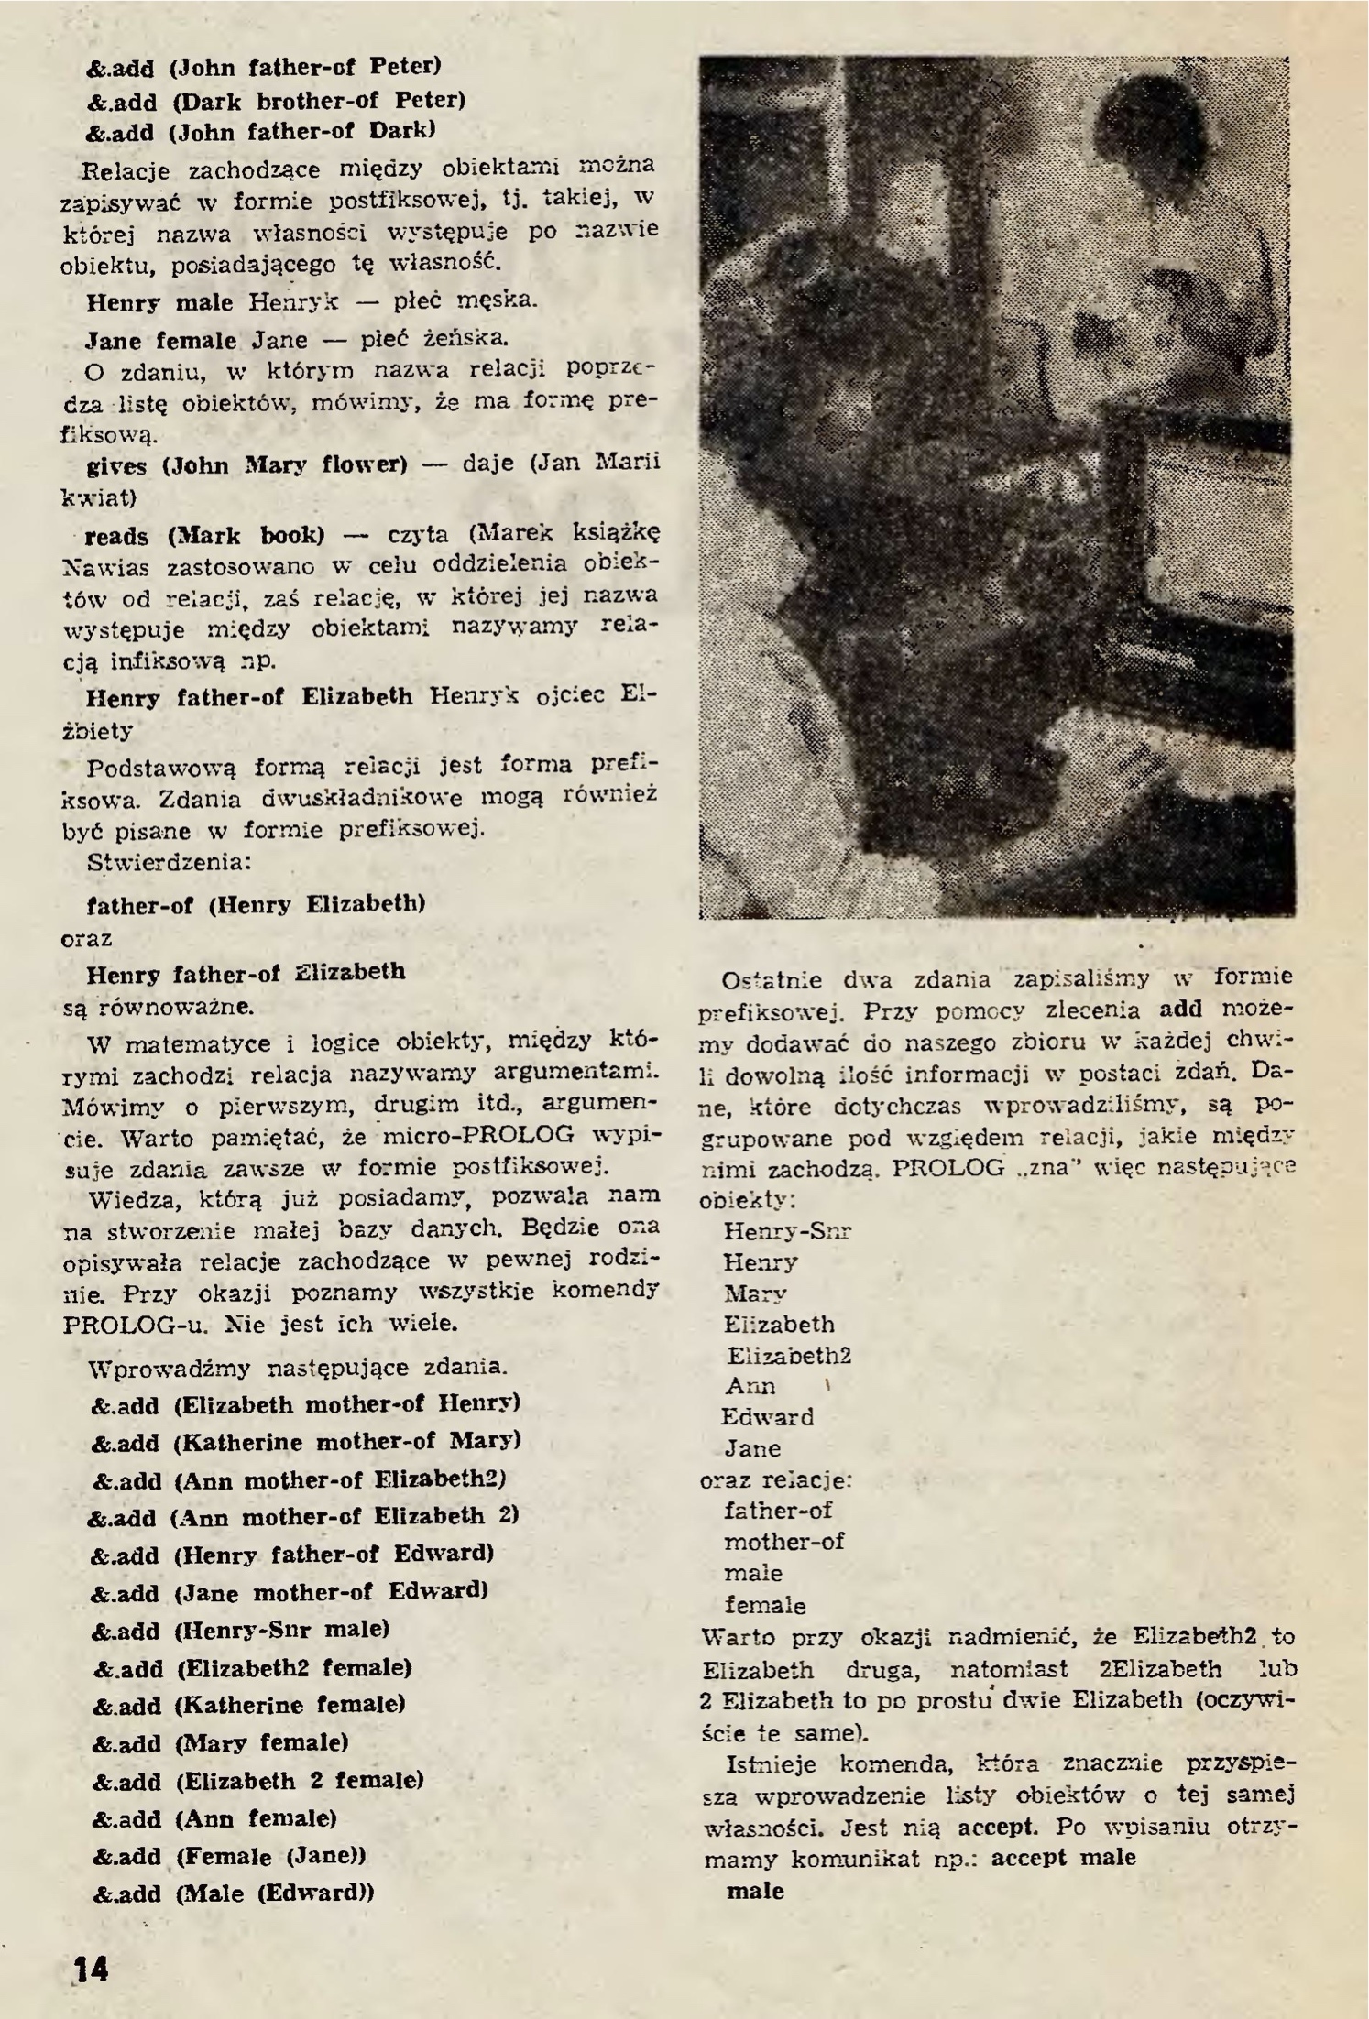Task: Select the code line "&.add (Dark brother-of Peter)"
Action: (276, 100)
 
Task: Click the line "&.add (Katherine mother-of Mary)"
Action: (306, 1441)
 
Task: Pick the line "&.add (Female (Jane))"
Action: (229, 1856)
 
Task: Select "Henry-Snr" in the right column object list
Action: (787, 1231)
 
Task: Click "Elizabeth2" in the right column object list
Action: (789, 1355)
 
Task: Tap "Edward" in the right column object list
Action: (767, 1417)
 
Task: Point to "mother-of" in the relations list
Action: (783, 1542)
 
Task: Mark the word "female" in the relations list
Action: (765, 1605)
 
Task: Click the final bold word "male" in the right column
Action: (755, 1891)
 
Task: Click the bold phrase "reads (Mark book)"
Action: (204, 534)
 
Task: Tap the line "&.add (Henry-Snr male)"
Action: (241, 1629)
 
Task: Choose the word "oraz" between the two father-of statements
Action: (86, 939)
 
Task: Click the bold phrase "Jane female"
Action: (160, 341)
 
